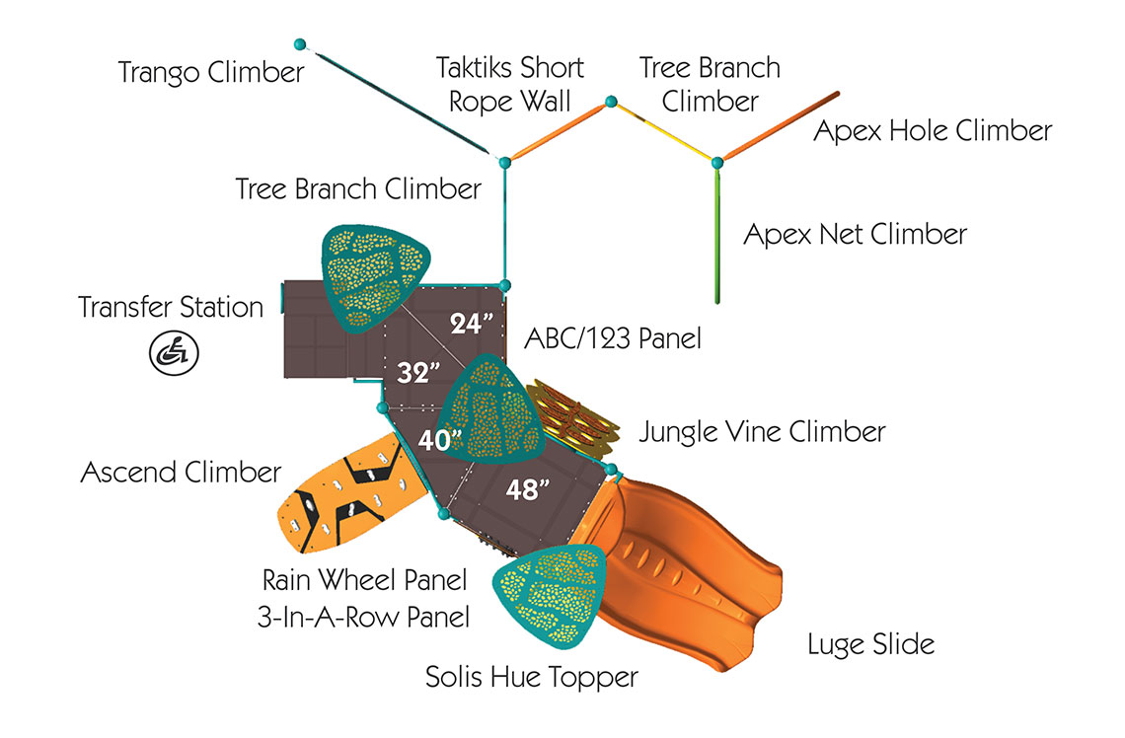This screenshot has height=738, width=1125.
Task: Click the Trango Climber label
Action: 211,72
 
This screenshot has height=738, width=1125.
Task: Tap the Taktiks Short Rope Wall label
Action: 510,85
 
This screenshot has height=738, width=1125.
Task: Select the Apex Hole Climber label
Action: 933,130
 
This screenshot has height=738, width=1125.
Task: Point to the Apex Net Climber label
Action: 856,235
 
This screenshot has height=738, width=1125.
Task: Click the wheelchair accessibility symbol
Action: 174,353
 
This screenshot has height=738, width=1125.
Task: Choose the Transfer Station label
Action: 171,307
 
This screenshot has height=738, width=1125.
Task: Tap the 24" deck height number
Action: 472,324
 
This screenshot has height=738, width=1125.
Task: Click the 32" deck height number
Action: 418,372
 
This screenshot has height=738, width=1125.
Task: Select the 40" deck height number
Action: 439,440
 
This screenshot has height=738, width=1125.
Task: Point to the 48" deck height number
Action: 527,489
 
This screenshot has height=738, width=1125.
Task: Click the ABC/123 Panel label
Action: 613,338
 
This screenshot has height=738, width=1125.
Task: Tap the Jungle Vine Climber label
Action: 762,432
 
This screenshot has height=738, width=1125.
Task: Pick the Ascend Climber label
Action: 181,472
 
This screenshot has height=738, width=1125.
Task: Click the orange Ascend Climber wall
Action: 351,493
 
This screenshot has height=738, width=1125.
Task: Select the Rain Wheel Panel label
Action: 364,580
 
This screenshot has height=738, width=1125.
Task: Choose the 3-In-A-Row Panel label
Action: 364,617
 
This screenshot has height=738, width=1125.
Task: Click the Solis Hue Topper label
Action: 532,677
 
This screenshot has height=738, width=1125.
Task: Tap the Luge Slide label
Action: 871,644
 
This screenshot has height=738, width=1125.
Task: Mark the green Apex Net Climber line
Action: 716,233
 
